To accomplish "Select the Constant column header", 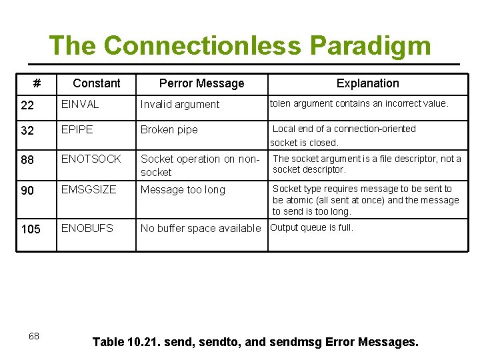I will tap(97, 83).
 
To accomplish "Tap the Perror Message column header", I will tap(201, 83).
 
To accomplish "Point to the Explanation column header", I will tap(367, 83).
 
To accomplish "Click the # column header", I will tap(37, 83).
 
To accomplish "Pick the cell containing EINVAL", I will tap(80, 104).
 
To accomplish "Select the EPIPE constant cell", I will tap(77, 129).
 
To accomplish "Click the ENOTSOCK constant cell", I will tap(91, 159).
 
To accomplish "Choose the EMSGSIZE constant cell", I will tap(89, 189).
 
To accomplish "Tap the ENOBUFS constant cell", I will tap(87, 228).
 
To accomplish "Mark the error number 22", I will tap(27, 105).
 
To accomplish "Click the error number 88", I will tap(27, 160).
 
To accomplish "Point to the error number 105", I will tap(31, 229).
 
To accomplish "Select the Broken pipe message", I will tap(169, 129).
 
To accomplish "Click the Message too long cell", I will tap(183, 190).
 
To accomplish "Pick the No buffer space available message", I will tap(201, 228).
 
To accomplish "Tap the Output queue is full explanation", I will tap(311, 227).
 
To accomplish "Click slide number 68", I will tap(33, 336).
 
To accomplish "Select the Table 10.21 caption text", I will tap(255, 342).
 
